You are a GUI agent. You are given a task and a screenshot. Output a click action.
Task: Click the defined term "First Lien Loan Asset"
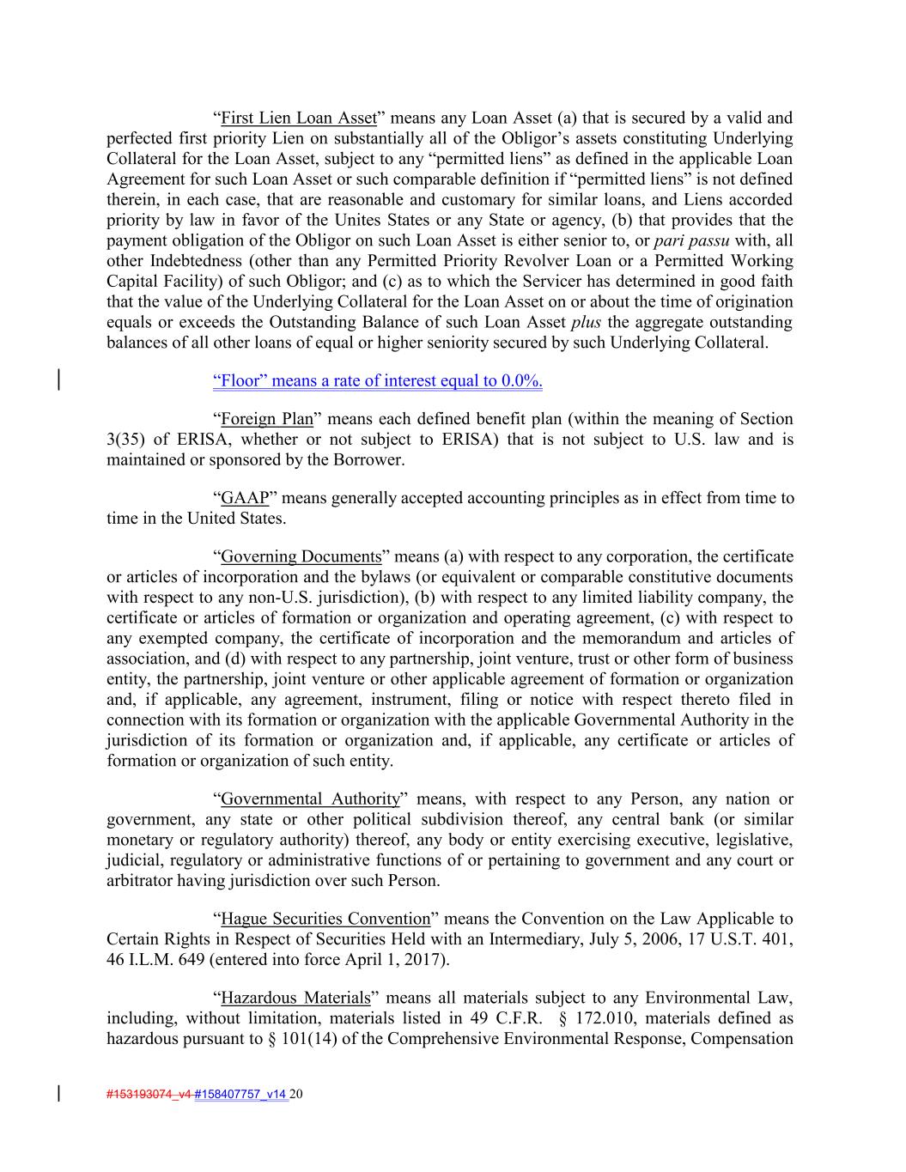(x=298, y=118)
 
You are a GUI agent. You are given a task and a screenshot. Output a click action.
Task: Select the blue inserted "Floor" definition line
(x=377, y=381)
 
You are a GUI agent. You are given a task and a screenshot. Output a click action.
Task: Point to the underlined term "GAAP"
(x=245, y=499)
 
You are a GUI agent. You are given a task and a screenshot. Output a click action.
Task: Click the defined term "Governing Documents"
(x=301, y=557)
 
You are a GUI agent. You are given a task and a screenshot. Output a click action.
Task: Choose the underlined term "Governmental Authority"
(x=310, y=799)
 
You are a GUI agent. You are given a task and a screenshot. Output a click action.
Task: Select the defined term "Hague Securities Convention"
(x=325, y=920)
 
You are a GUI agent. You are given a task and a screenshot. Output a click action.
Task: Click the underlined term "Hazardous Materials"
(x=295, y=999)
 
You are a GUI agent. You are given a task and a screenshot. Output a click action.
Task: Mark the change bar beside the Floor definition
(x=58, y=380)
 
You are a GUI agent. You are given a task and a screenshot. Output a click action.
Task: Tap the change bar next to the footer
(x=58, y=1094)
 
